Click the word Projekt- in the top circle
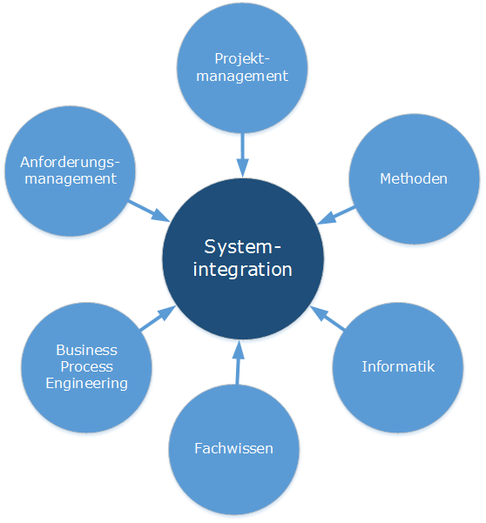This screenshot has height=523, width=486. [x=242, y=59]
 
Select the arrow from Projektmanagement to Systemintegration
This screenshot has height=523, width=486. [x=242, y=155]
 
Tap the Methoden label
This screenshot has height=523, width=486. [x=414, y=178]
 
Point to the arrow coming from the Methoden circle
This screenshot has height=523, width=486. [x=336, y=215]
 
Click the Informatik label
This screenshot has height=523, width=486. [x=398, y=366]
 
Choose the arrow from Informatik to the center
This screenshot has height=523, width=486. [x=327, y=318]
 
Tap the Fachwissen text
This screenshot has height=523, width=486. [x=233, y=448]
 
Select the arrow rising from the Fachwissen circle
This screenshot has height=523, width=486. [x=238, y=362]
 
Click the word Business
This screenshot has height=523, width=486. [x=87, y=350]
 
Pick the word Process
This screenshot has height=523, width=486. [x=87, y=366]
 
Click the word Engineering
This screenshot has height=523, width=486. [x=87, y=384]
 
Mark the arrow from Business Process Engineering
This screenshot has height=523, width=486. [x=158, y=318]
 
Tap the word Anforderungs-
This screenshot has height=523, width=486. [x=70, y=162]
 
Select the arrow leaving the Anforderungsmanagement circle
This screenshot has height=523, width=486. [x=149, y=211]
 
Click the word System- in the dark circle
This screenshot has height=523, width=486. [x=243, y=247]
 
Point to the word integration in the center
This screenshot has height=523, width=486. [x=243, y=270]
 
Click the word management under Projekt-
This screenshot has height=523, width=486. [x=242, y=77]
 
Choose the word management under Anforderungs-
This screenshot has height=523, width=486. [x=71, y=179]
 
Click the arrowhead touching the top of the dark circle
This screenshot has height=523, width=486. [x=243, y=168]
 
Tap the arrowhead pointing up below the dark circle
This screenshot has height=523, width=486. [x=239, y=350]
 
